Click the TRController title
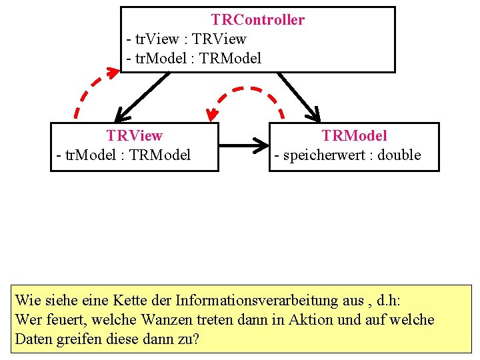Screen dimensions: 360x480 257,20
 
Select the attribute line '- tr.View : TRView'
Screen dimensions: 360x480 186,39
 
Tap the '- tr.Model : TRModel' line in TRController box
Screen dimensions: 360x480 193,59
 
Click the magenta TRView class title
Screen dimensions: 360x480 134,136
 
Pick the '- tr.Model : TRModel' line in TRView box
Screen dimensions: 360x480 123,155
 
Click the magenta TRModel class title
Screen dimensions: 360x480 354,136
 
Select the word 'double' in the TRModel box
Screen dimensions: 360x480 399,155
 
